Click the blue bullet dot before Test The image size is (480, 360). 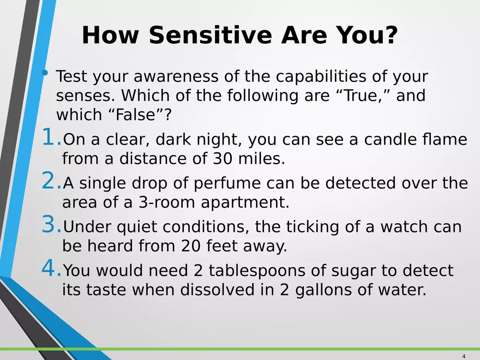tap(45, 73)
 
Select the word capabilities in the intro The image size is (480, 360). tap(321, 76)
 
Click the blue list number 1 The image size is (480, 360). tap(49, 136)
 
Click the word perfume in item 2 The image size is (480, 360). tap(227, 183)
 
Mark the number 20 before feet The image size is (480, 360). tap(190, 246)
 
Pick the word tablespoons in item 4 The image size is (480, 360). tap(257, 271)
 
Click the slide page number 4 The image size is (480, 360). tap(464, 356)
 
